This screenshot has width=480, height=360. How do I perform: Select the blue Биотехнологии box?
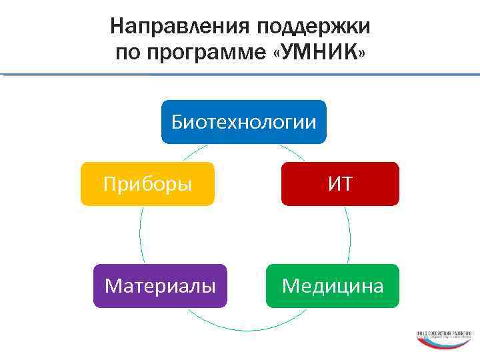point(244,122)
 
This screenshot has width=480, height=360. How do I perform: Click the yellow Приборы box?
point(148,183)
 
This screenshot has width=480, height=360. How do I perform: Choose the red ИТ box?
point(340,183)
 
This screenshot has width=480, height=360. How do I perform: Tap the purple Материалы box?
point(160,286)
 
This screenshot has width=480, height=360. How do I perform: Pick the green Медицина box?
point(333,286)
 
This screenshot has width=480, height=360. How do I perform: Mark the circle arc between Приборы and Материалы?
point(140,235)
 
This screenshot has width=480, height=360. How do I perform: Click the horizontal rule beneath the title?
point(240,74)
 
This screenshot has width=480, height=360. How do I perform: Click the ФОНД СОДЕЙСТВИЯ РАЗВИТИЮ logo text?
point(445,333)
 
